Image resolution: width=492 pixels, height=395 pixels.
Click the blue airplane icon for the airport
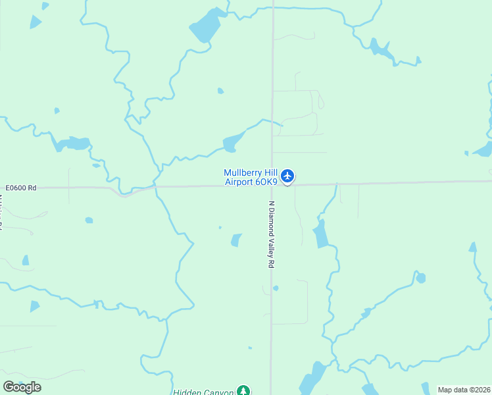tap(287, 176)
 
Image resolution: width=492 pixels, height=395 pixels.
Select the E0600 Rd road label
tap(20, 188)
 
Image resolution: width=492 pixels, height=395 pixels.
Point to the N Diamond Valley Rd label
tap(270, 234)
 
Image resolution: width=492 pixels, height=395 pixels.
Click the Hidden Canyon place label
tap(203, 392)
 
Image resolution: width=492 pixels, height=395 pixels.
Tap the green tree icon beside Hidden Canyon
tap(244, 391)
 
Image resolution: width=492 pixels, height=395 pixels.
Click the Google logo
tap(22, 386)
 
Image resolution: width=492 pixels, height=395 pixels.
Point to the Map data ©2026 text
tap(464, 390)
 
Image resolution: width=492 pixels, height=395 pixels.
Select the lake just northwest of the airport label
tap(233, 142)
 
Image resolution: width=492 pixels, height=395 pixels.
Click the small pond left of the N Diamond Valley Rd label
tap(236, 240)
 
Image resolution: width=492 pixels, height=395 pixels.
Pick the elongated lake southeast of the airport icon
tap(321, 234)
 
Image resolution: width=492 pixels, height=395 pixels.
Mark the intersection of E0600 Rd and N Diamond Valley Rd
tap(272, 186)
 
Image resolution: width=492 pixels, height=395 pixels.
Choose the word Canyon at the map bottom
tap(219, 392)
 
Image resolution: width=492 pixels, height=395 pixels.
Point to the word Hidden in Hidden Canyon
tap(187, 392)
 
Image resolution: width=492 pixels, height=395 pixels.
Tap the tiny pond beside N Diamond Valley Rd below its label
tap(276, 288)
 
